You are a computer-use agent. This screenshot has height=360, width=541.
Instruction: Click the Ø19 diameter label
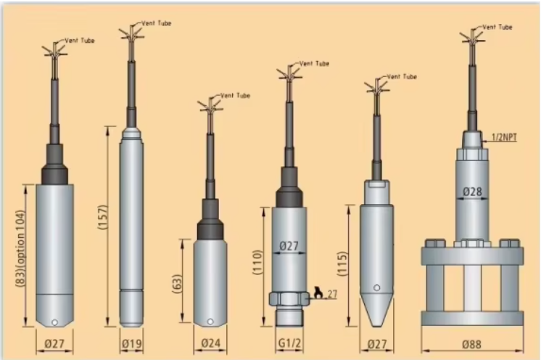[x=132, y=344]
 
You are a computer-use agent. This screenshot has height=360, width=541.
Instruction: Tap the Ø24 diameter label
[x=210, y=343]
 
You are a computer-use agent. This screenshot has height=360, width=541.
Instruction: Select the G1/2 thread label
[x=289, y=343]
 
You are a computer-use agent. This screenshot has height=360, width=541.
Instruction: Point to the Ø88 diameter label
[x=471, y=344]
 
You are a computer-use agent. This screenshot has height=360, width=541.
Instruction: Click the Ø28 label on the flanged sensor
[x=472, y=192]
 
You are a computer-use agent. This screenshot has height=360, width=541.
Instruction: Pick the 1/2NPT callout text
[x=504, y=137]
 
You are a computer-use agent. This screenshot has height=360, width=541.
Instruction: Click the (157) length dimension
[x=104, y=217]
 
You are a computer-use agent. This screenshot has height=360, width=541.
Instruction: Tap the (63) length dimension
[x=177, y=284]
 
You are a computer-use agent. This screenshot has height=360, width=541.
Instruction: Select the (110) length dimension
[x=257, y=262]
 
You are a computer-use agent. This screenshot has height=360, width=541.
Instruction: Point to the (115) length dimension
[x=342, y=263]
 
